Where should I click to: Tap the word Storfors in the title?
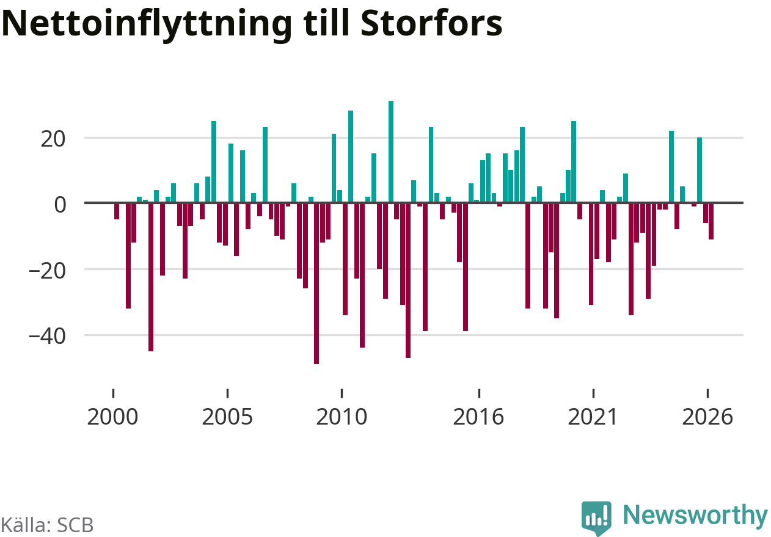pos(431,23)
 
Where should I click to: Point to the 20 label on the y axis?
pos(53,139)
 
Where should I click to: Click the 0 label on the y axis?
pos(60,205)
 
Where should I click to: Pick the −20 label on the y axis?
pos(47,271)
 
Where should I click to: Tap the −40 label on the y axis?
pos(47,337)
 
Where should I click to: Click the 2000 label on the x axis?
pos(112,417)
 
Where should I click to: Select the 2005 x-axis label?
pos(227,417)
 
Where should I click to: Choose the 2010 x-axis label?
pos(342,417)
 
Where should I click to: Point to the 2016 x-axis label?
pos(478,417)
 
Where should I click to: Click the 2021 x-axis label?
pos(593,417)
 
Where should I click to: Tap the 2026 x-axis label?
pos(707,417)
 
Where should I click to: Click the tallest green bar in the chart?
pos(391,152)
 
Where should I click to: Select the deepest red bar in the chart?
pos(316,283)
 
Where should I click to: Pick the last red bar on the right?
pos(711,221)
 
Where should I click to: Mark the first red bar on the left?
pos(117,211)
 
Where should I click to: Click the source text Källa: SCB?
pos(47,525)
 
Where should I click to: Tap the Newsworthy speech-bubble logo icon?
pos(596,517)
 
